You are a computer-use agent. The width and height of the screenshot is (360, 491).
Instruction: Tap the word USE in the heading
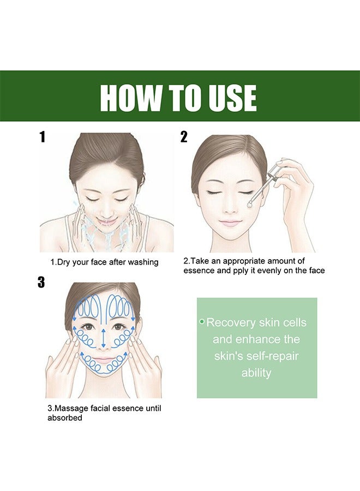pyautogui.click(x=230, y=98)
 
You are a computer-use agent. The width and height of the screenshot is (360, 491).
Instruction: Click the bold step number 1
pyautogui.click(x=43, y=137)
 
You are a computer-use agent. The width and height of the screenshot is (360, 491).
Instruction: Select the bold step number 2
pyautogui.click(x=184, y=137)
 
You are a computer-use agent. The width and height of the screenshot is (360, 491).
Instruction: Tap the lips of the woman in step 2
pyautogui.click(x=230, y=223)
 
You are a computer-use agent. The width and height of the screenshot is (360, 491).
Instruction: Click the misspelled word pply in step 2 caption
pyautogui.click(x=241, y=271)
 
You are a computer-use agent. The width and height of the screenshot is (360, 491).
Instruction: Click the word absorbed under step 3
pyautogui.click(x=64, y=417)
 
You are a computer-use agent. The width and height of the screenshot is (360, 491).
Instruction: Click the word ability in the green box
pyautogui.click(x=256, y=373)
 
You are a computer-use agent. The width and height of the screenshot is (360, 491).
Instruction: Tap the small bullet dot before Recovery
pyautogui.click(x=202, y=322)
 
